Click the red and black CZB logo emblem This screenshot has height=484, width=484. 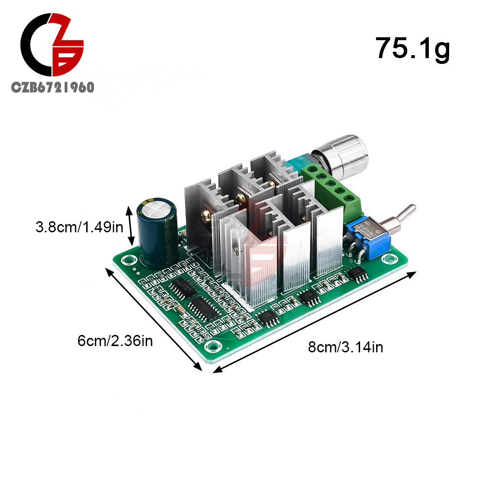click(52, 46)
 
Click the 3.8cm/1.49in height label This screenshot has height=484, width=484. click(80, 227)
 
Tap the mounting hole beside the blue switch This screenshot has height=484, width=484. click(388, 259)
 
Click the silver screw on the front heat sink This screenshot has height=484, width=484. click(236, 250)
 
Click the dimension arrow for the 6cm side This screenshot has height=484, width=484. click(153, 319)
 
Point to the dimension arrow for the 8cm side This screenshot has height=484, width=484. click(315, 322)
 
